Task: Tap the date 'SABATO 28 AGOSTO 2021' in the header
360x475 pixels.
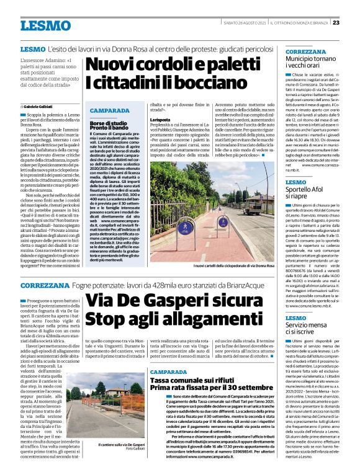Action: click(x=245, y=23)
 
